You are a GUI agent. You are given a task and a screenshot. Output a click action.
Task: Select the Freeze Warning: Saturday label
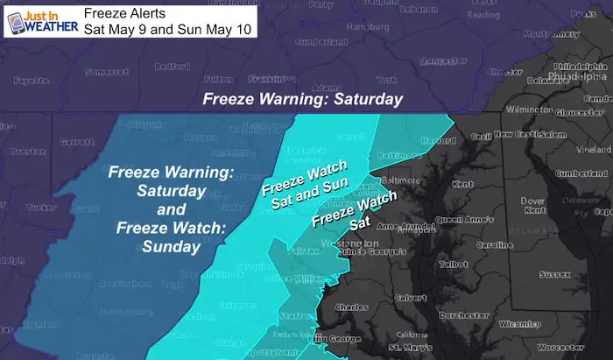(303, 99)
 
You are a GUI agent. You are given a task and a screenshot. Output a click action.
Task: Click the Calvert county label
(412, 297)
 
